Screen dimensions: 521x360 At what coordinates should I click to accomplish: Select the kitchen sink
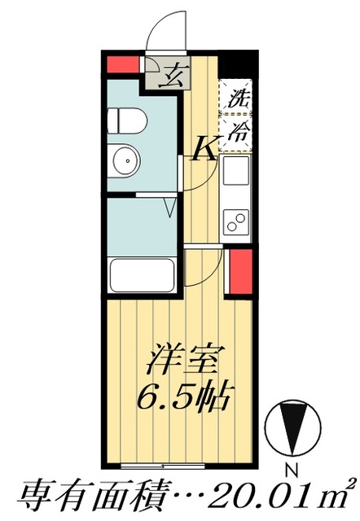tap(237, 172)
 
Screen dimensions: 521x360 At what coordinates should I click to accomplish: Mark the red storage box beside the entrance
tap(123, 63)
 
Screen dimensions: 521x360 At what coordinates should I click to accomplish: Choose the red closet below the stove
tap(242, 273)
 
